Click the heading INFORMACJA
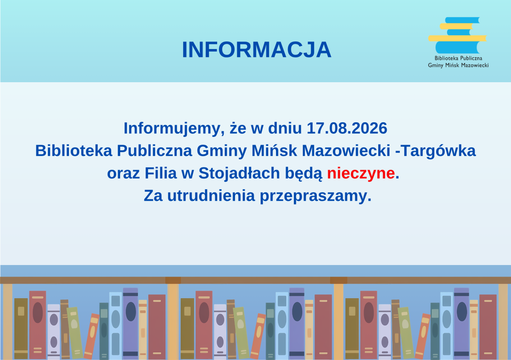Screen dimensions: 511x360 (256, 50)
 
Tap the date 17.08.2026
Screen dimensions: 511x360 (347, 128)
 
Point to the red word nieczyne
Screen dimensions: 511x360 (361, 173)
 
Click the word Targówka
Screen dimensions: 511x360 (438, 151)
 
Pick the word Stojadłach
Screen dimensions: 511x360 (239, 173)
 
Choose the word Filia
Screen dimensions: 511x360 (161, 173)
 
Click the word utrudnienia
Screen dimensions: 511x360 (211, 196)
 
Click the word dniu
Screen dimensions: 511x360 (285, 128)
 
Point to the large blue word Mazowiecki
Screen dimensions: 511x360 (346, 151)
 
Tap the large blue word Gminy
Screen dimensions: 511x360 (221, 151)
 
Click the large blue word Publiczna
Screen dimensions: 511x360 (155, 151)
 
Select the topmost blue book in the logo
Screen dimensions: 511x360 (462, 20)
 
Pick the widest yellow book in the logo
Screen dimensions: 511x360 (457, 38)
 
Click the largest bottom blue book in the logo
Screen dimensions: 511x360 (457, 47)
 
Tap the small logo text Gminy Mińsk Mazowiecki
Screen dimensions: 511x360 (458, 66)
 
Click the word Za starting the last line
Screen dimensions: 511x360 (153, 196)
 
